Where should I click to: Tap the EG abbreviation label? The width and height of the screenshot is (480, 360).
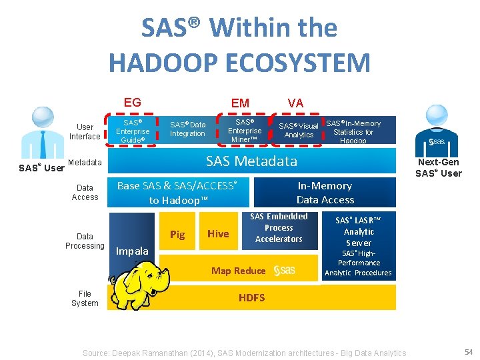click(x=132, y=102)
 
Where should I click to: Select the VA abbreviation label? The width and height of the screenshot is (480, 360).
click(x=295, y=103)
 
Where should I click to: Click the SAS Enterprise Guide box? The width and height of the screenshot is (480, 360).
click(x=133, y=131)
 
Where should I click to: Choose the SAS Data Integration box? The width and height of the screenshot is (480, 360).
click(x=188, y=129)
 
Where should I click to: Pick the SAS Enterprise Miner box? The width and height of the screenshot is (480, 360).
click(x=245, y=131)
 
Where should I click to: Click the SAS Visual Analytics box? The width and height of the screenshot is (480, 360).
click(x=298, y=130)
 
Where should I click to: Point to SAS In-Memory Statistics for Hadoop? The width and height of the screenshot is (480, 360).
click(x=353, y=131)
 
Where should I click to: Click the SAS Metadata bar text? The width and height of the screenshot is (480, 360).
click(x=251, y=161)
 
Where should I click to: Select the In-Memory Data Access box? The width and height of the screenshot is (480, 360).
click(x=325, y=193)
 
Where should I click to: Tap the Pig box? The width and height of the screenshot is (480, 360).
click(x=177, y=234)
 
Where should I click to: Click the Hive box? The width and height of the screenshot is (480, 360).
click(x=218, y=233)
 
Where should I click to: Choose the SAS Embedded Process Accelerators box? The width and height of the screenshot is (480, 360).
click(x=279, y=227)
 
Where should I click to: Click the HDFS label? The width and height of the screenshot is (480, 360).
click(x=252, y=297)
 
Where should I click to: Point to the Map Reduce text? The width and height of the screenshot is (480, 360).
click(x=238, y=270)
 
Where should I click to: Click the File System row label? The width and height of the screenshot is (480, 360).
click(x=85, y=298)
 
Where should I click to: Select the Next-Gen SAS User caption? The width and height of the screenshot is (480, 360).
click(x=437, y=168)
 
